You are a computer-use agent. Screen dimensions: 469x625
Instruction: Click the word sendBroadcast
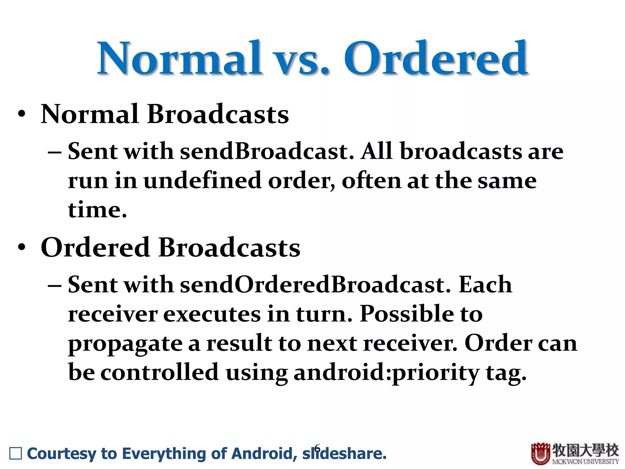coord(266,151)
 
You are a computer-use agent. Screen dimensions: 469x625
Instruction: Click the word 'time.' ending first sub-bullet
coord(97,210)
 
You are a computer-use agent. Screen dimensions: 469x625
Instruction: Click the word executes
coord(212,314)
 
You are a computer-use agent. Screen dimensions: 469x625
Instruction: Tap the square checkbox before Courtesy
coord(16,453)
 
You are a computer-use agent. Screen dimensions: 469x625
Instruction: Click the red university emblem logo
coord(540,453)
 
